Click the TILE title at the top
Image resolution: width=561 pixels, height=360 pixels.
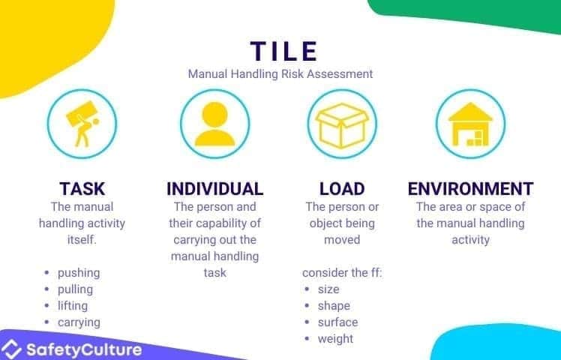pos(283,51)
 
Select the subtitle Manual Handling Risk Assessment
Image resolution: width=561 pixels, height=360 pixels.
pos(280,74)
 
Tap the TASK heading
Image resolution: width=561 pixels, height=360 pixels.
pos(82,188)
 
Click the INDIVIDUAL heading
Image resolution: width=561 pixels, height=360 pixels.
pos(214,188)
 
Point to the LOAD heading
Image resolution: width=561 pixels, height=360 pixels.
pos(341,188)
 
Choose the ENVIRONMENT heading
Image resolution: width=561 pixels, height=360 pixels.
pos(470,188)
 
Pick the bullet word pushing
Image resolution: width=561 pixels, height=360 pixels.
pos(79,272)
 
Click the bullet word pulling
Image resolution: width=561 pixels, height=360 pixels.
pos(76,289)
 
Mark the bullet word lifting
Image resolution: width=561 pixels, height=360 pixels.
pos(73,305)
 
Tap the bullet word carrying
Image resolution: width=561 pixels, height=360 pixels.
pos(79,322)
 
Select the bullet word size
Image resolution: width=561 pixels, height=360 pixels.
pos(328,289)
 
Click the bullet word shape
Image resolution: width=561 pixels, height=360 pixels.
pos(334,305)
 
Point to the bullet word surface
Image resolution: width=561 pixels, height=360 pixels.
pos(337,322)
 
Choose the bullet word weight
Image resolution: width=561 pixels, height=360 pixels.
pos(335,338)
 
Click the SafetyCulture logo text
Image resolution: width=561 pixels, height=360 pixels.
pos(82,349)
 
